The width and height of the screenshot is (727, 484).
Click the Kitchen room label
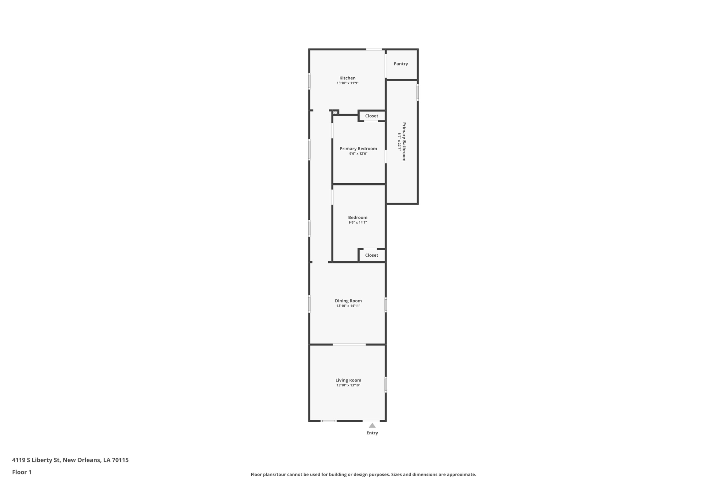pos(347,78)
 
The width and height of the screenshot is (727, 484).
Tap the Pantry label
pos(401,64)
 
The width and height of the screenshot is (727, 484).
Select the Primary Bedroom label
pos(358,149)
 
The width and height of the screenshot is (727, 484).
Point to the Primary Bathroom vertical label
pos(404,142)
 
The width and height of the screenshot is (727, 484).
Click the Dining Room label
pos(348,301)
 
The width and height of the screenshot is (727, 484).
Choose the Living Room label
pos(348,380)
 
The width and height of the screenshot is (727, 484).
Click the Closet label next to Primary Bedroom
pos(372,116)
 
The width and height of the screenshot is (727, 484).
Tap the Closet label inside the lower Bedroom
pos(372,255)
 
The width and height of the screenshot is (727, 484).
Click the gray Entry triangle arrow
pos(372,425)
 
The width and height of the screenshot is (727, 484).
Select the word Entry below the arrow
pos(372,433)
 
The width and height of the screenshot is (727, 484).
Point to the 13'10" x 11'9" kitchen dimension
pos(348,83)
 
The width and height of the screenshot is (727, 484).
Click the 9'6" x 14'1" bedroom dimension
pos(357,223)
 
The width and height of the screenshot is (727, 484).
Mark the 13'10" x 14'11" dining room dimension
pos(348,306)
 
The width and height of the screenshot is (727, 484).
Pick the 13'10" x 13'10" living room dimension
pos(348,385)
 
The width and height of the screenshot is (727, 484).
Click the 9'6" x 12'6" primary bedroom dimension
pos(358,154)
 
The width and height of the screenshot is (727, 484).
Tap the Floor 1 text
pos(22,472)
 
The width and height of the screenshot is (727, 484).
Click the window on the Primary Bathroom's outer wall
pos(417,92)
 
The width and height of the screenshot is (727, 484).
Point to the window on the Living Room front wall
pos(328,421)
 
